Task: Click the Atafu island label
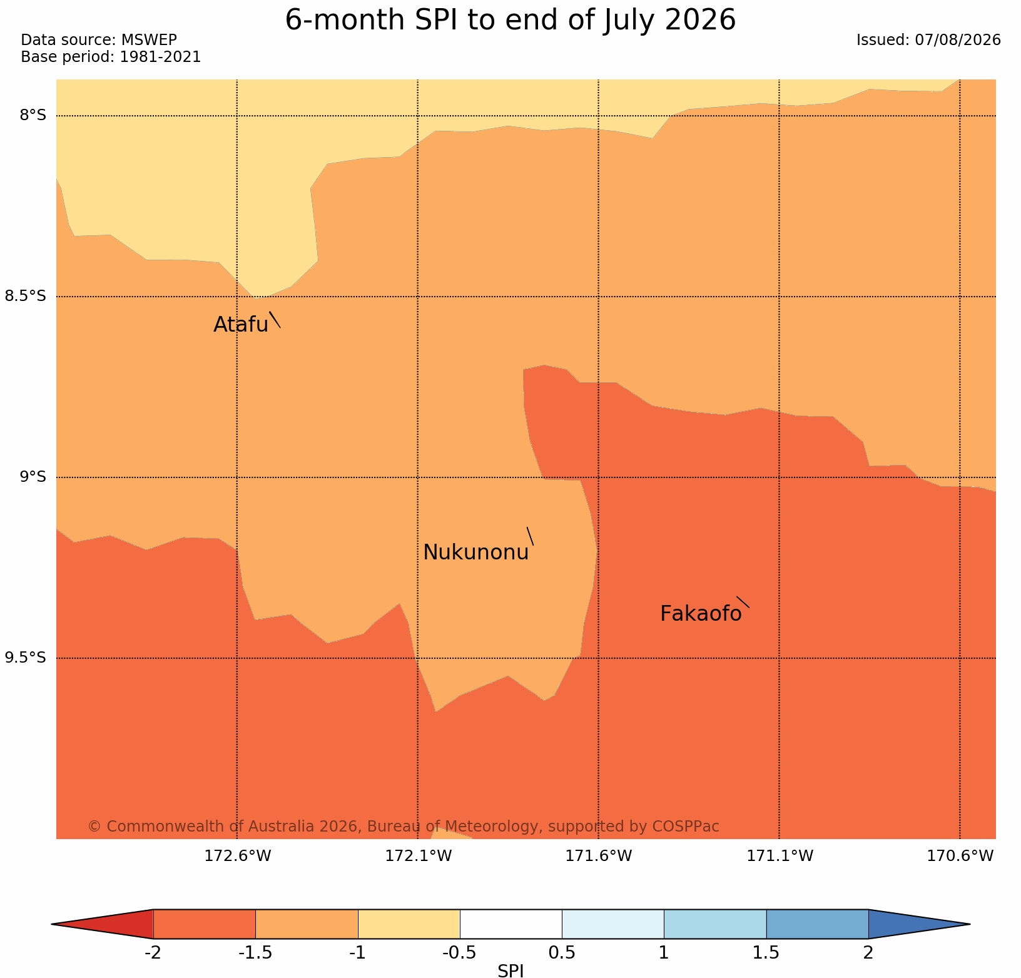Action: pos(241,324)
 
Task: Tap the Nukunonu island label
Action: pos(476,553)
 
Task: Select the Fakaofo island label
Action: pos(701,614)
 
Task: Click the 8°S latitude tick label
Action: pos(33,115)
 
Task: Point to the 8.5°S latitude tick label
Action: pos(26,296)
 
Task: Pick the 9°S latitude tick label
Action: pos(33,477)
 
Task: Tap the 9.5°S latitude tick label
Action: pos(26,658)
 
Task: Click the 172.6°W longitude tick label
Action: pos(238,856)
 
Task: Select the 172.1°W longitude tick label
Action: pos(418,856)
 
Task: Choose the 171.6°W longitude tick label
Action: pos(599,856)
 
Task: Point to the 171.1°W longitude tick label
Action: pos(780,856)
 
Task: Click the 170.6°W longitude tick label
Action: pos(960,856)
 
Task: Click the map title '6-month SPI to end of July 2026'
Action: pos(510,20)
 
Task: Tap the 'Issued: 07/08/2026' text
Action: pos(928,40)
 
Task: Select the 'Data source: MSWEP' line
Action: pos(99,40)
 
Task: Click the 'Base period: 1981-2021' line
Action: pos(111,57)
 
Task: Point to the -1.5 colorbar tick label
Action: pos(255,953)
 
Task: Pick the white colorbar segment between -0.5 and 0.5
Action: pos(510,924)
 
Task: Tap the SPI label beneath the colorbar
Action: pos(510,970)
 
